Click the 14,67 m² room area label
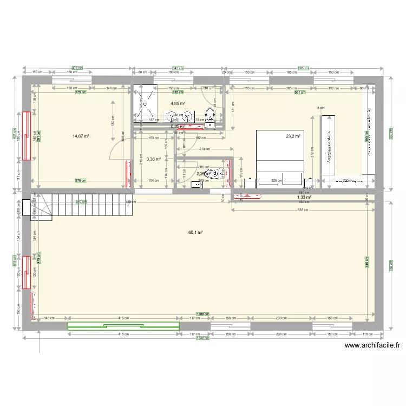click(81, 136)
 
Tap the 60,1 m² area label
click(195, 232)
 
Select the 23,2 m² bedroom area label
click(293, 136)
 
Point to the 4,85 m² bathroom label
click(178, 103)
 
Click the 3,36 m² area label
click(154, 159)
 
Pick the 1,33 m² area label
click(304, 198)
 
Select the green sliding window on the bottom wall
click(123, 325)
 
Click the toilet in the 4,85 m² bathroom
click(210, 115)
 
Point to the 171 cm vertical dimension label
click(233, 110)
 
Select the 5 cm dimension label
click(320, 108)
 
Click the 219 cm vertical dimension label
click(140, 161)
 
